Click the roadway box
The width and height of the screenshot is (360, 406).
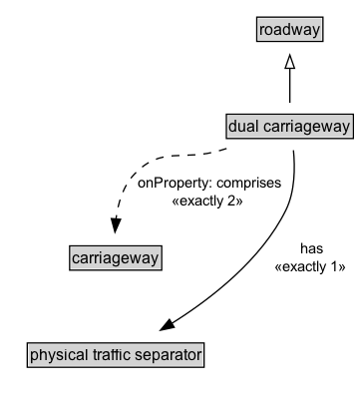click(289, 31)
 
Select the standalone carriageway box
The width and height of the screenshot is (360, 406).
click(116, 259)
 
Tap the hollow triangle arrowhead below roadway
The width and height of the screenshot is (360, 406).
click(289, 62)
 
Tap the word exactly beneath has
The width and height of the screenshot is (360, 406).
click(312, 265)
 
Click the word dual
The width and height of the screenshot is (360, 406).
click(244, 127)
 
